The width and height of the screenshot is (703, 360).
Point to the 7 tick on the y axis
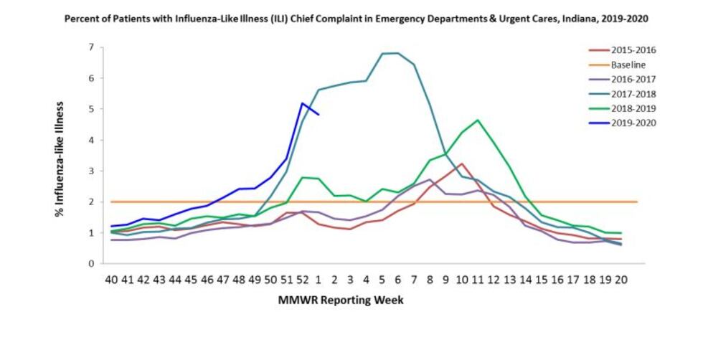pos(91,47)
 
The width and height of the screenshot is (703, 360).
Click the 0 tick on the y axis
pos(91,264)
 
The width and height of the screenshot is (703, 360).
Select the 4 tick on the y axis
pos(91,140)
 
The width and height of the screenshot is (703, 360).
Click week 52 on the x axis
pos(303,278)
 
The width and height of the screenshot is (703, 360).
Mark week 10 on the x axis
pos(461,278)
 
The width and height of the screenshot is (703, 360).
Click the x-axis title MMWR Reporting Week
pos(341,300)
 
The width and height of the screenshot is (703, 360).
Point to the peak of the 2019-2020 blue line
pos(303,103)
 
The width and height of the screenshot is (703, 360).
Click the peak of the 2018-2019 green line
pos(478,120)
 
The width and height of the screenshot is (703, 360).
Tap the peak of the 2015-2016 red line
pos(462,164)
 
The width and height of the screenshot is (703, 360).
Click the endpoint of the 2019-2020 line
pos(319,114)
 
